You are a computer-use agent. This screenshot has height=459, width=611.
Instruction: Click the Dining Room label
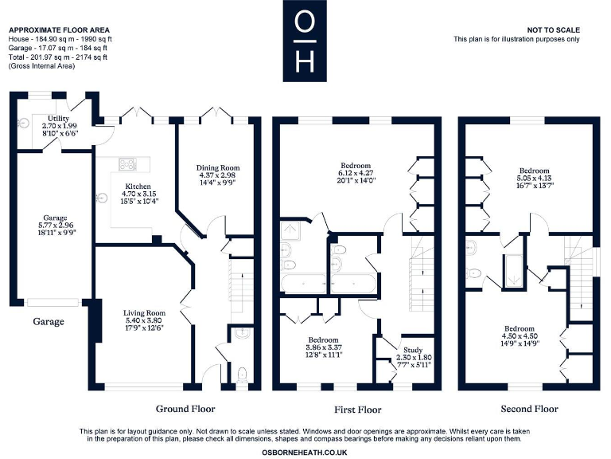[217, 167]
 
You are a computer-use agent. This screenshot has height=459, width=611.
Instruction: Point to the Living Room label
[143, 312]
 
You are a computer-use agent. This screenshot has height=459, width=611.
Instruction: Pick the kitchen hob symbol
[128, 165]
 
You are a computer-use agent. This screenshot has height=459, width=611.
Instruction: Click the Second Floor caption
[529, 409]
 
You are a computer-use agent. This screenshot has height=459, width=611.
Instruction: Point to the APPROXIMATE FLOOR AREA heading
[53, 29]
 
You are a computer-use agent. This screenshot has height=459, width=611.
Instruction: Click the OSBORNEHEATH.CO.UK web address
[305, 451]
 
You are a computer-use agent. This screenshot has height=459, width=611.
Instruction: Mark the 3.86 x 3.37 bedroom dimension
[324, 347]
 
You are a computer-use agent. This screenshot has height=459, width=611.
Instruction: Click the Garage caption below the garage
[48, 322]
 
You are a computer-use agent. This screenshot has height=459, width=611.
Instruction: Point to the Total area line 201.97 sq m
[57, 57]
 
